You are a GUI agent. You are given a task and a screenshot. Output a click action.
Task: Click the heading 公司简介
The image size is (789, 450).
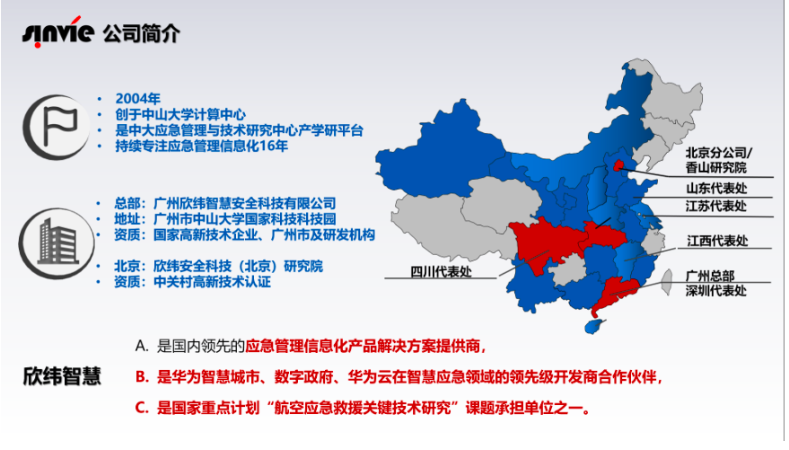[142, 34]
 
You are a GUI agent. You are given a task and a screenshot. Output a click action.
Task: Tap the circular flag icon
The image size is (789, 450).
[56, 127]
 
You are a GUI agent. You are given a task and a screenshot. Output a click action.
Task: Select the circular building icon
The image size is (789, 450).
[57, 243]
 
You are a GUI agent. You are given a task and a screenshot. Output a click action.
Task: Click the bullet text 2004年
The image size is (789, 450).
[138, 99]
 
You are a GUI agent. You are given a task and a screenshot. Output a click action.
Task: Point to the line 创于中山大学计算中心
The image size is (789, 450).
[180, 114]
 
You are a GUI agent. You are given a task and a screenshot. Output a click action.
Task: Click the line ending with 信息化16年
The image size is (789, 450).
[202, 146]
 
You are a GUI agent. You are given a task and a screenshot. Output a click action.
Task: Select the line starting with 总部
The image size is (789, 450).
[225, 203]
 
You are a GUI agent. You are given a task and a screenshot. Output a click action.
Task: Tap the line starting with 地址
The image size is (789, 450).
[225, 219]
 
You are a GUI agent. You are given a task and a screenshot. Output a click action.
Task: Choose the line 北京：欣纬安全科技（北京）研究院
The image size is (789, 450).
[218, 266]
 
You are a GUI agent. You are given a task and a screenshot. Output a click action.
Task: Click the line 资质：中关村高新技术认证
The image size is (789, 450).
[192, 281]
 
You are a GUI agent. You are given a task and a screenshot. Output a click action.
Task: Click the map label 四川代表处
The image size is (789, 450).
[442, 272]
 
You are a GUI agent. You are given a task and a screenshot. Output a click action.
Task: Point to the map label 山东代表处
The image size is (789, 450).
[716, 189]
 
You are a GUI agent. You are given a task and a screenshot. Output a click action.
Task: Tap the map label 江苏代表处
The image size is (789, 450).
[716, 206]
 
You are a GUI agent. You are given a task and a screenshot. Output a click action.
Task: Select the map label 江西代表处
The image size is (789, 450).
[717, 241]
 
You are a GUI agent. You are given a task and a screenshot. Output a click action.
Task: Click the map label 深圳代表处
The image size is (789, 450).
[715, 290]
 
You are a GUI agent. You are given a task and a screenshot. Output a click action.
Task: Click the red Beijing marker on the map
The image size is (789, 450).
[618, 165]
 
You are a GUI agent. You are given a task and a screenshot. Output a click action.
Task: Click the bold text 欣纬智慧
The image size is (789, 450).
[63, 376]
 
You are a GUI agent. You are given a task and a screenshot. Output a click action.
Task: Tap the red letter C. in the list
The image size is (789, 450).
[142, 408]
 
